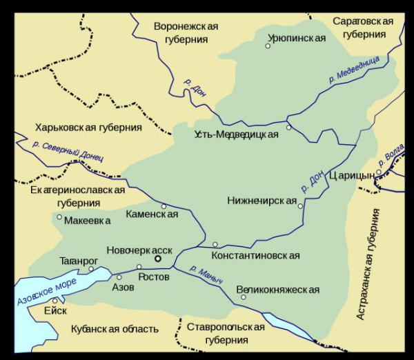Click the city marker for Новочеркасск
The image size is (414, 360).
[x=158, y=259]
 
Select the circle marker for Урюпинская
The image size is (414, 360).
[x=268, y=46]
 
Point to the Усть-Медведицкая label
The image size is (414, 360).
[x=236, y=134]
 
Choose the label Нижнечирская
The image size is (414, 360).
[x=261, y=201]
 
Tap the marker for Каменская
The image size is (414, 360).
[x=164, y=206]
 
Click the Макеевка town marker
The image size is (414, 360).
[x=59, y=221]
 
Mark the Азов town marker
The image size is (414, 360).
[x=119, y=277]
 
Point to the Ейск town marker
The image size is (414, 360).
[x=55, y=301]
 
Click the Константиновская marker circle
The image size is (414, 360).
[x=215, y=244]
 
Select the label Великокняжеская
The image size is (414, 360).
[x=278, y=290]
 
